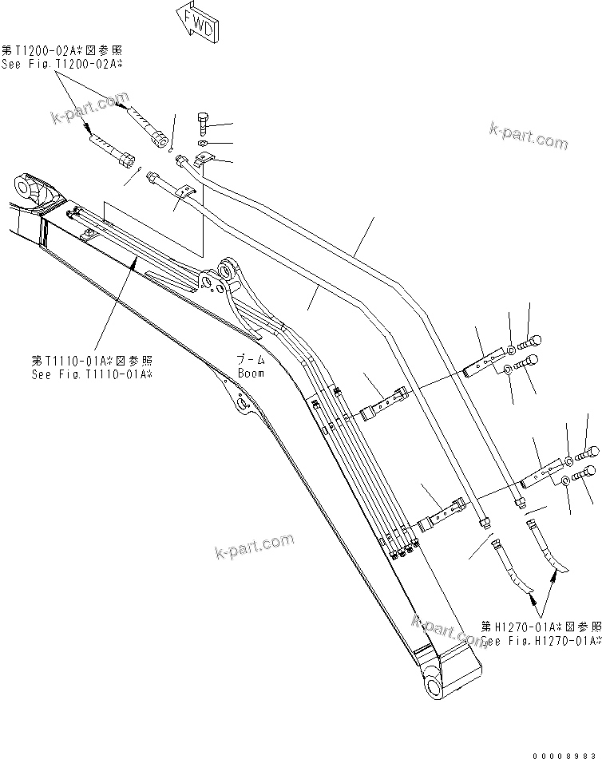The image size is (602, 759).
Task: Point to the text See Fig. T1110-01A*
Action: point(93,374)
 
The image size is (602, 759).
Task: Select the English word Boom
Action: point(251,373)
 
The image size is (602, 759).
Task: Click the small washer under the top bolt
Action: point(203,143)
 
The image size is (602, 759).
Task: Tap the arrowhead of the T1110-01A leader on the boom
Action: point(133,261)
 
